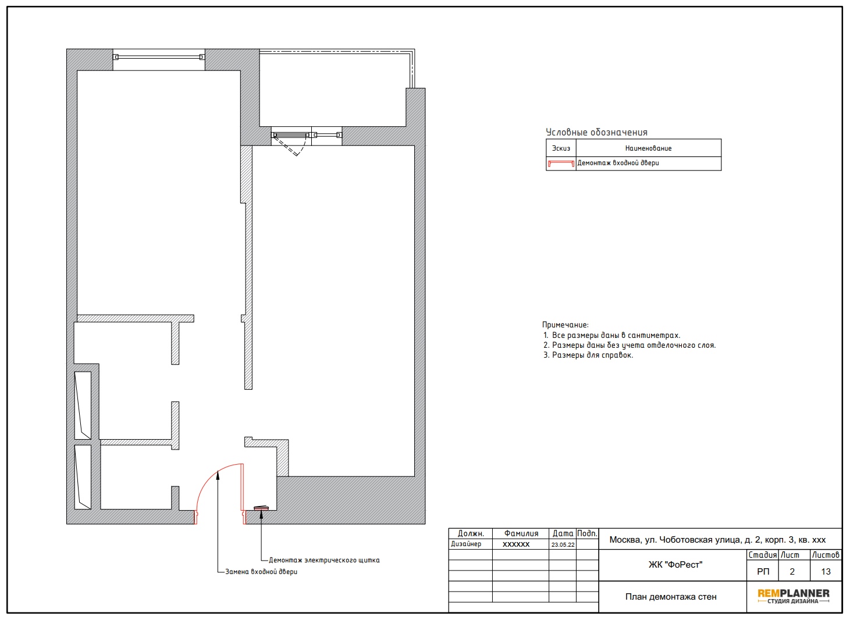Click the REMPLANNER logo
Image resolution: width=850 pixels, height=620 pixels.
(x=793, y=596)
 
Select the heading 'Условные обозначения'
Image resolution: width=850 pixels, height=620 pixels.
(x=596, y=133)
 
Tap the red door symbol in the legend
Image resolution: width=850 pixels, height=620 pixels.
(x=561, y=163)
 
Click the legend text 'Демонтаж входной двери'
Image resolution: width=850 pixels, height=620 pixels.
(x=618, y=163)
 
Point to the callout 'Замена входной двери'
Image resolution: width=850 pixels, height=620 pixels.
(x=261, y=571)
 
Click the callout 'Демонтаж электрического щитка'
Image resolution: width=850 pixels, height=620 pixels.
(x=324, y=560)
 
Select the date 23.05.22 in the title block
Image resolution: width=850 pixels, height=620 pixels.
(x=563, y=544)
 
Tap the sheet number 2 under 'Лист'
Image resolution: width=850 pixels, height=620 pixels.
(x=792, y=571)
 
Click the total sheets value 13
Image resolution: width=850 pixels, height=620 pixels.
(x=826, y=571)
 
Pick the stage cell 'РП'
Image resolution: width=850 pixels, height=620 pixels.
(x=763, y=571)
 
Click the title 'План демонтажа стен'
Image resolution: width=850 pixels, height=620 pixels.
(x=671, y=597)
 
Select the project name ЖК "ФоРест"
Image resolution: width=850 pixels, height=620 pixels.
(x=675, y=565)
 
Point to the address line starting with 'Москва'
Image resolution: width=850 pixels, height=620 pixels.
(x=717, y=540)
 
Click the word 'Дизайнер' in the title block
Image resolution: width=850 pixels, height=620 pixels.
(x=466, y=544)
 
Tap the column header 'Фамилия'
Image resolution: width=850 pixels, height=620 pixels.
(x=521, y=533)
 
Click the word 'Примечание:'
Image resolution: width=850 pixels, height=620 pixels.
(x=565, y=325)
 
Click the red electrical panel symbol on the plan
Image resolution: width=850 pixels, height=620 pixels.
(x=261, y=508)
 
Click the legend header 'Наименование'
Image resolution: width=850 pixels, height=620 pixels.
(x=648, y=148)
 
